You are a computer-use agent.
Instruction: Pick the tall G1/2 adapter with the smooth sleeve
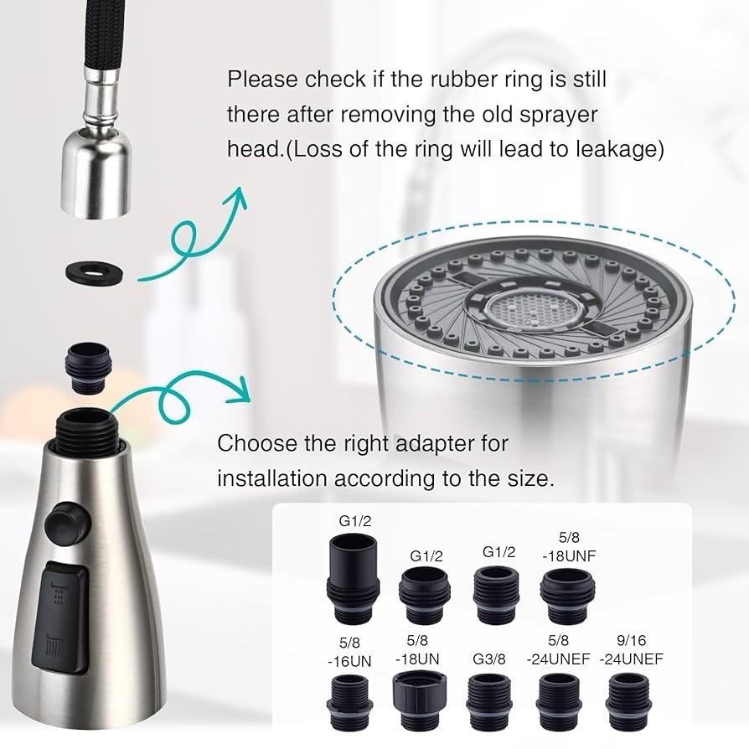(x=353, y=577)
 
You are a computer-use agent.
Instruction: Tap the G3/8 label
(x=489, y=659)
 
